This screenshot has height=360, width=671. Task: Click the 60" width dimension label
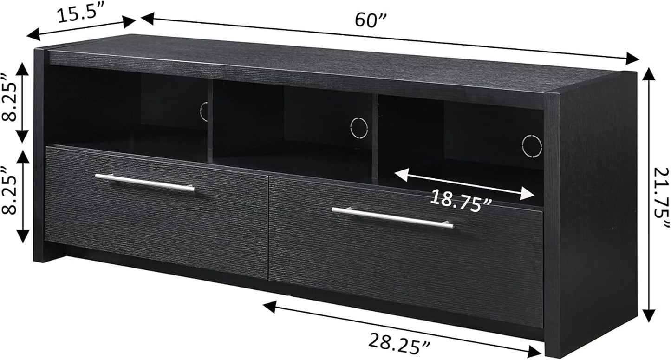coord(371,20)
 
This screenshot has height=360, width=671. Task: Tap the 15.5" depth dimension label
coord(79,15)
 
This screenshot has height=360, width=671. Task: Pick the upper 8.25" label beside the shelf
coord(9,103)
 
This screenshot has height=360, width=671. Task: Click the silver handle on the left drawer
coord(144,183)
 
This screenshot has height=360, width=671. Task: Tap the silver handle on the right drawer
coord(392,218)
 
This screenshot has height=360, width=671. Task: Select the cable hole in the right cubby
coord(532,146)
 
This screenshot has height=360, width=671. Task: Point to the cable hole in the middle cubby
coord(359,127)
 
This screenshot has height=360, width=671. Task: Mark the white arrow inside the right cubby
coord(464,184)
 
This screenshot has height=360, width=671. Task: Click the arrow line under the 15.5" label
coord(81,28)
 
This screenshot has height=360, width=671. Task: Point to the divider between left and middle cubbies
coord(210,121)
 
